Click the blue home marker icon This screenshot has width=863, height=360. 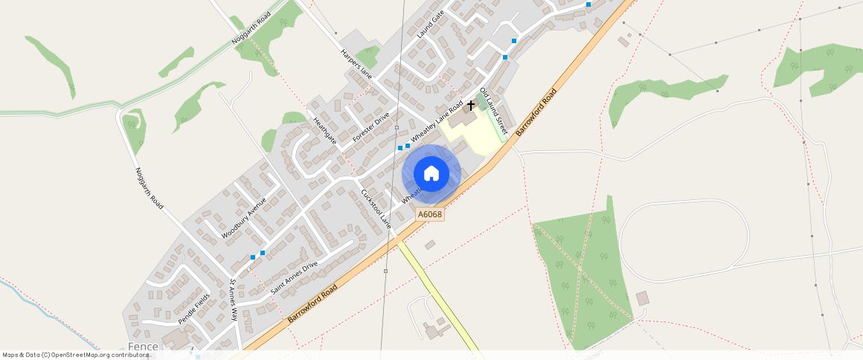[x=431, y=174]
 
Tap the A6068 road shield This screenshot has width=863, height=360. [x=430, y=214]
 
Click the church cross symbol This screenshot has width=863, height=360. [x=471, y=106]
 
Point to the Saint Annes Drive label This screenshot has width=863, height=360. [x=294, y=277]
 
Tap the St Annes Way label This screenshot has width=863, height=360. [x=234, y=300]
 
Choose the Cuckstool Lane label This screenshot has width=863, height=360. [x=376, y=208]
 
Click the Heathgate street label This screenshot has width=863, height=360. [x=325, y=131]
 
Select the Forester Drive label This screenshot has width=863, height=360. [x=371, y=126]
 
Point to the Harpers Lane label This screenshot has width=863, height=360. [x=356, y=64]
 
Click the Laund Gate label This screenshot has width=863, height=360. [x=431, y=24]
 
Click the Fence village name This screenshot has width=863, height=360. [x=143, y=347]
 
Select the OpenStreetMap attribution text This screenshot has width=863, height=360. [x=75, y=355]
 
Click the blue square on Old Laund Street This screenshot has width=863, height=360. [x=505, y=57]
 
